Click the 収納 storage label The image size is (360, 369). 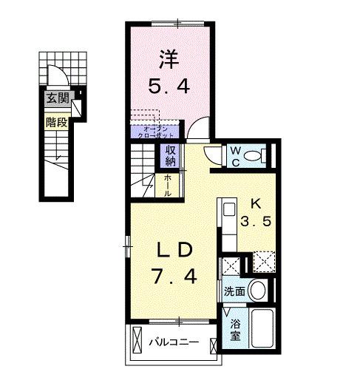coord(169,155)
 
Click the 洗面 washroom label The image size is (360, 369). coord(234,291)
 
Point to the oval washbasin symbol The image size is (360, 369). coord(257,290)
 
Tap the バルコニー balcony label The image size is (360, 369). coord(172,342)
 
